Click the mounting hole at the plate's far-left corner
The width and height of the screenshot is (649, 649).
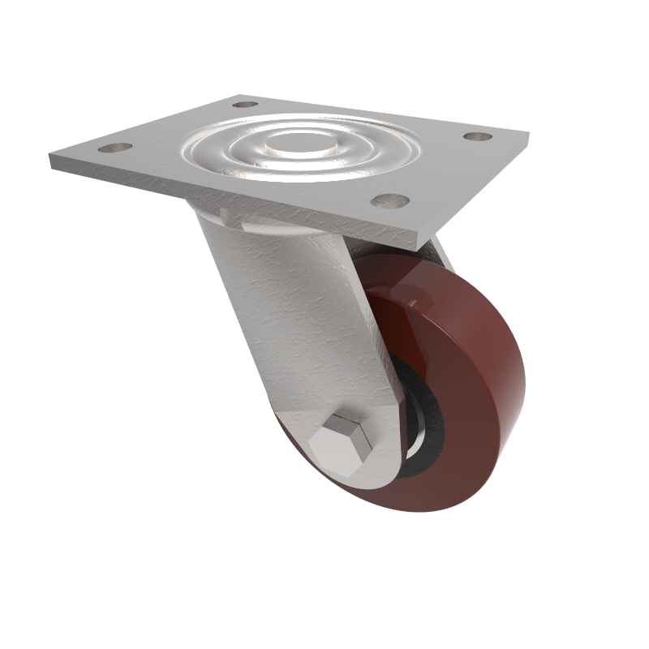click(115, 148)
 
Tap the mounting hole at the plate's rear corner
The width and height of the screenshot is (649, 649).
click(245, 104)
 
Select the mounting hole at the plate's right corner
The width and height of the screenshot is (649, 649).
click(478, 135)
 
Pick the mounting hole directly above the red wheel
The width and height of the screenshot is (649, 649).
click(390, 200)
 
